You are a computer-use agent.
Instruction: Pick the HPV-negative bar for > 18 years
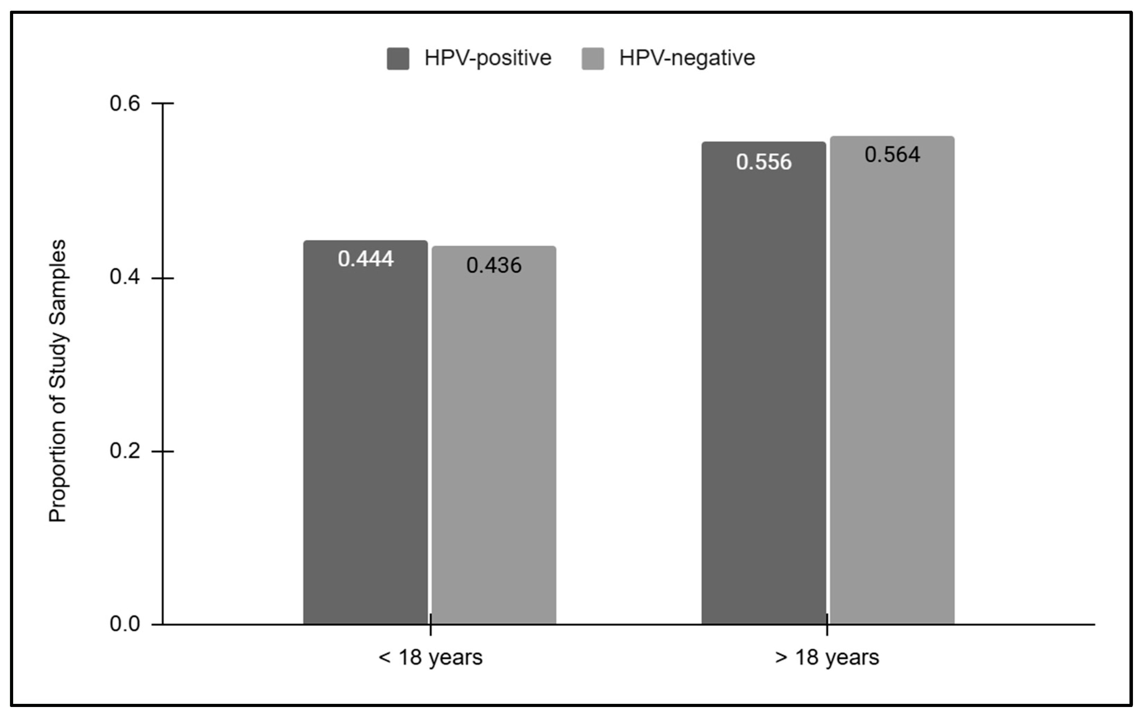pyautogui.click(x=892, y=389)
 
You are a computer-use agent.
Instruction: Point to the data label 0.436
pyautogui.click(x=494, y=266)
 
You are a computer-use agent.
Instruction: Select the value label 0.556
pyautogui.click(x=764, y=162)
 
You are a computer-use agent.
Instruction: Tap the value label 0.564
pyautogui.click(x=892, y=155)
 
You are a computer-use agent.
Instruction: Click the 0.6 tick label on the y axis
pyautogui.click(x=125, y=103)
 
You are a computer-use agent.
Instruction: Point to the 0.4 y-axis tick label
pyautogui.click(x=125, y=277)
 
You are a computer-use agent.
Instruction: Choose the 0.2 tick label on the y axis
pyautogui.click(x=125, y=450)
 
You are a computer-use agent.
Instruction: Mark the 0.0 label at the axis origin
pyautogui.click(x=125, y=624)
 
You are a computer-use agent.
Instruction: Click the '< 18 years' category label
pyautogui.click(x=430, y=658)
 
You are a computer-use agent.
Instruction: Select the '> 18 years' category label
pyautogui.click(x=827, y=658)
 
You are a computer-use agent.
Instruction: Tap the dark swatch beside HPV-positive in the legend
pyautogui.click(x=398, y=59)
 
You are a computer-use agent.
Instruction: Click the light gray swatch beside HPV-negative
pyautogui.click(x=593, y=59)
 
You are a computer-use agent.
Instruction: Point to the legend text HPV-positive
pyautogui.click(x=488, y=58)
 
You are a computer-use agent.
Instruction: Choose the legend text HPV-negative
pyautogui.click(x=687, y=58)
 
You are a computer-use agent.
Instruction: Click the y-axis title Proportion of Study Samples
pyautogui.click(x=58, y=381)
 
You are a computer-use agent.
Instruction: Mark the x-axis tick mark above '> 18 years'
pyautogui.click(x=827, y=624)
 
